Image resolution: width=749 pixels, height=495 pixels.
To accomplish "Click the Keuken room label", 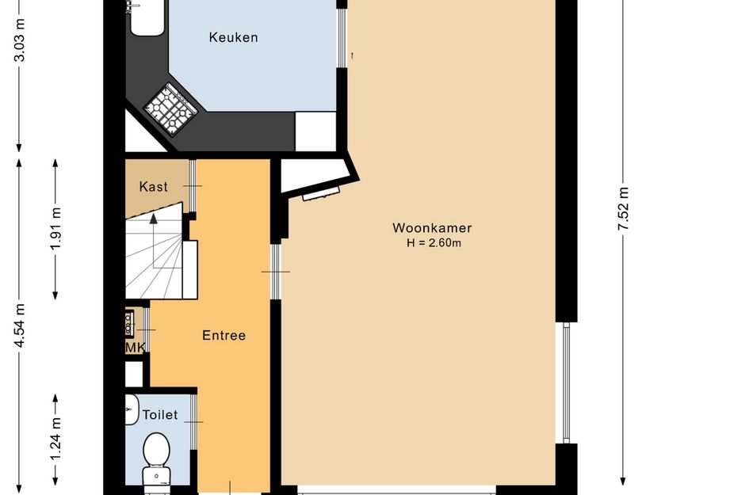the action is point(233,37).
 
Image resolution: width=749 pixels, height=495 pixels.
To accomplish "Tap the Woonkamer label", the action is point(432,227).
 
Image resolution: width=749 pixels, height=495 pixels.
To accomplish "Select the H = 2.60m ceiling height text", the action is point(434,243).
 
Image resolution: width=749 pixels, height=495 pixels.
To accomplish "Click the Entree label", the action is point(224,335).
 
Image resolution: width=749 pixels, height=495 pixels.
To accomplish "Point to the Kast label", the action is point(153,187).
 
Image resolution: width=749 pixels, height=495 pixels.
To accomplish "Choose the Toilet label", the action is point(160,415).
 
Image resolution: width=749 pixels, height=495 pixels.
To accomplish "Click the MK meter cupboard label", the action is point(136,348).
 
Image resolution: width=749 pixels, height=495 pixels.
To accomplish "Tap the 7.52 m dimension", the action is point(623,208).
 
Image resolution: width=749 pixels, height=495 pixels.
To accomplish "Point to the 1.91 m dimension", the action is point(56,228).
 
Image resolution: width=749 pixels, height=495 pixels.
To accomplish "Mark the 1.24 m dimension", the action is point(56,440).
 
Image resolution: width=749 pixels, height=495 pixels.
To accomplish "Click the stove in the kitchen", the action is point(171,109).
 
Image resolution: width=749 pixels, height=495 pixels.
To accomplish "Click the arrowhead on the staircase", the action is point(153,219).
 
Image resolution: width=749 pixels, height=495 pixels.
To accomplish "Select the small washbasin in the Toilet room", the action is point(132,409).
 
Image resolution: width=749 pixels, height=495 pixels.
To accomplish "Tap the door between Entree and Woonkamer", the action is point(276,272).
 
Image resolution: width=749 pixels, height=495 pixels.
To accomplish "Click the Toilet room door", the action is point(193,422).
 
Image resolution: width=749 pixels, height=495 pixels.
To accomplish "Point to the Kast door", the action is point(193,185).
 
